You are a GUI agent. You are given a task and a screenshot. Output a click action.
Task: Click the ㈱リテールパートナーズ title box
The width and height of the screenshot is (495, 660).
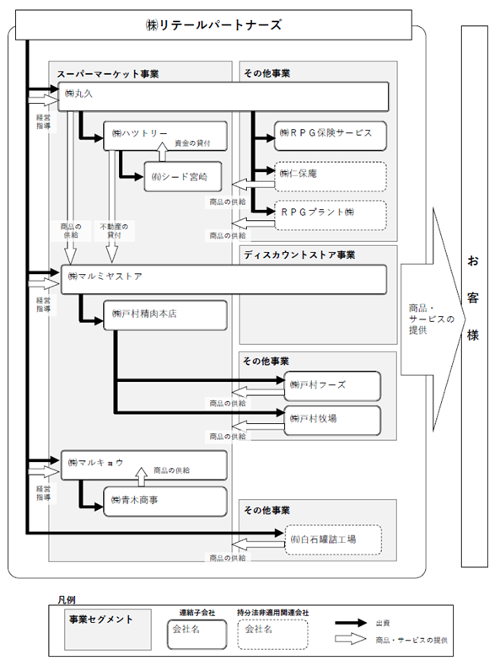click(213, 25)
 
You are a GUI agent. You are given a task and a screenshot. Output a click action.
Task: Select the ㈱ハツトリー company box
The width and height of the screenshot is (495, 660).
click(165, 136)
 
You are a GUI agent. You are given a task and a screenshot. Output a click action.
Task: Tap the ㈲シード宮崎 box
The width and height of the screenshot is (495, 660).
click(183, 177)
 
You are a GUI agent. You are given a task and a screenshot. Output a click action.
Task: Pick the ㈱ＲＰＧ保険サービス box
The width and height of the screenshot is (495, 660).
click(331, 136)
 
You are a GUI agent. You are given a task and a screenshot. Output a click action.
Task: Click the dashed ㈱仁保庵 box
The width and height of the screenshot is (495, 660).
click(331, 177)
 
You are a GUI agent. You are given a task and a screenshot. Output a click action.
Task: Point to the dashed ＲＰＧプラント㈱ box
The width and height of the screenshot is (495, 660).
click(331, 215)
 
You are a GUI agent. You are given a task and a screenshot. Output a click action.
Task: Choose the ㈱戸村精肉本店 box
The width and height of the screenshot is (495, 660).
click(165, 315)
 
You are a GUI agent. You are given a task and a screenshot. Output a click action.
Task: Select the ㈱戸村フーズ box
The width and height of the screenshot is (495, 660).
click(332, 386)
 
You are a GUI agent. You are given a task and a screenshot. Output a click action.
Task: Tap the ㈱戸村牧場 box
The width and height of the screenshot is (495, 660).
click(332, 420)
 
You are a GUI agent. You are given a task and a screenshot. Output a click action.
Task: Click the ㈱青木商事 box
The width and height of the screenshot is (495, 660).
click(165, 502)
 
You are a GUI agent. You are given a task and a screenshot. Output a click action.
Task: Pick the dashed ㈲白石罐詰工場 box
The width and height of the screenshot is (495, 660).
click(333, 539)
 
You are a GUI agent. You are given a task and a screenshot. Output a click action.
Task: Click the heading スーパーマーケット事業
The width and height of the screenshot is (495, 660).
click(108, 74)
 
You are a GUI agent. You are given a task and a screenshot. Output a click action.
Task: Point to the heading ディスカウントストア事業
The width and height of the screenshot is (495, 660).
click(299, 255)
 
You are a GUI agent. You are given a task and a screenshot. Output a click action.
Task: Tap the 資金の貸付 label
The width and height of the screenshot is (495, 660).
click(192, 143)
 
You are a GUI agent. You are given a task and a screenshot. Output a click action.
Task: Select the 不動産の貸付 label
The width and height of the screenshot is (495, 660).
click(114, 231)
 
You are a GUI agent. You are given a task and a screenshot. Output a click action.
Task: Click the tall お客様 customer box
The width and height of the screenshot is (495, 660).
click(475, 297)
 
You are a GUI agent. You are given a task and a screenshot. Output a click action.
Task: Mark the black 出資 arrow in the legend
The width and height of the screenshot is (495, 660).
click(351, 623)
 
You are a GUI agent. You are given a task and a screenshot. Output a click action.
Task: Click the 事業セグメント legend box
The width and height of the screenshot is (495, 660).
click(108, 630)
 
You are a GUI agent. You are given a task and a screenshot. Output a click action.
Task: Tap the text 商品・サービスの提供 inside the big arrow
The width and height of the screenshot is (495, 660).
click(432, 319)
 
